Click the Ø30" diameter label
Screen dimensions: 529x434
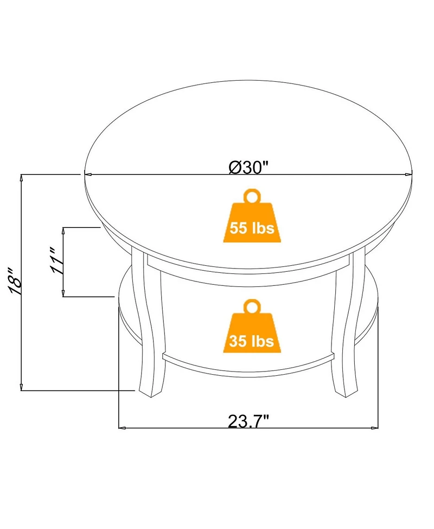pyautogui.click(x=249, y=167)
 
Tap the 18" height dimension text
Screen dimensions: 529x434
pyautogui.click(x=15, y=281)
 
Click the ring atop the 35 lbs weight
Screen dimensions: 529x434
pyautogui.click(x=251, y=306)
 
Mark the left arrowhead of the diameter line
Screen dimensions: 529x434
pyautogui.click(x=87, y=174)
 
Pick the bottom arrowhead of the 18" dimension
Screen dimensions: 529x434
pyautogui.click(x=21, y=387)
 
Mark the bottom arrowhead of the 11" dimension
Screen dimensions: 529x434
pyautogui.click(x=64, y=293)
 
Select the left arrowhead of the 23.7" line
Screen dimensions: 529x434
pyautogui.click(x=122, y=428)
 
